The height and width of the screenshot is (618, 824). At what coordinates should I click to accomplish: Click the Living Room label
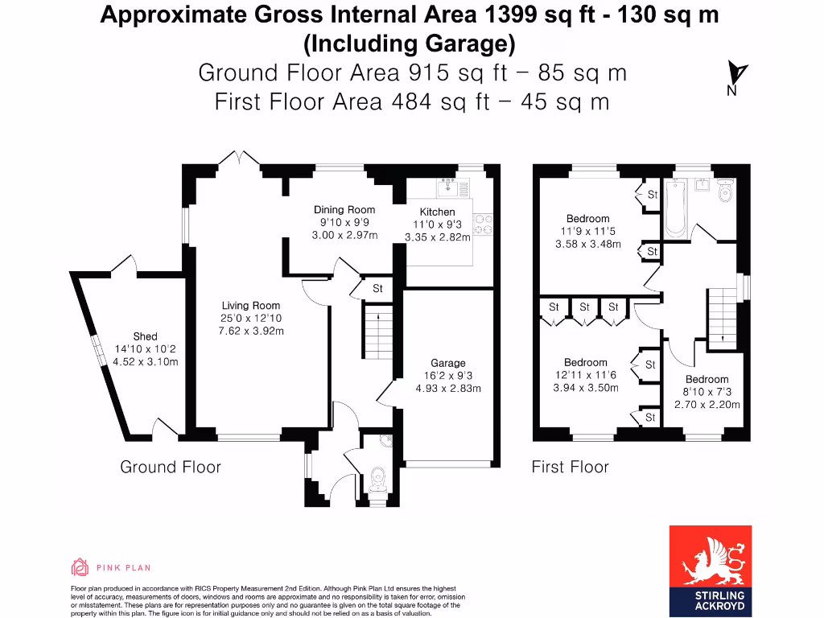(x=251, y=305)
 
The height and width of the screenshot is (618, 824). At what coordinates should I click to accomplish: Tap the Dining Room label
(x=344, y=210)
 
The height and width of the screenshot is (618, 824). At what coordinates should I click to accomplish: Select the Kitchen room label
(x=437, y=212)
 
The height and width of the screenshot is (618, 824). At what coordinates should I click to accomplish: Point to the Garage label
(x=447, y=363)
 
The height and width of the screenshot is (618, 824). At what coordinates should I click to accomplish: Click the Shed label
(x=145, y=336)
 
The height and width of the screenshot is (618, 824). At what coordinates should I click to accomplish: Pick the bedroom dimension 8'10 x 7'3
(x=707, y=392)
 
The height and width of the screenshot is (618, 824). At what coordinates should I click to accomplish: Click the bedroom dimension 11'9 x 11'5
(x=587, y=231)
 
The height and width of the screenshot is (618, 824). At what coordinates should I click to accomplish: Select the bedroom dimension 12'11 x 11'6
(x=585, y=375)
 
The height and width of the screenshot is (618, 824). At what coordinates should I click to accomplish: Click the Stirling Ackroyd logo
(x=711, y=568)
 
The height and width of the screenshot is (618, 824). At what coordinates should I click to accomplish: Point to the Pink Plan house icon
(x=80, y=567)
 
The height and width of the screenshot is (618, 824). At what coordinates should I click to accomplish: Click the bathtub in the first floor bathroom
(x=677, y=210)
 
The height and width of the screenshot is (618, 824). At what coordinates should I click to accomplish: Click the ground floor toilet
(x=377, y=480)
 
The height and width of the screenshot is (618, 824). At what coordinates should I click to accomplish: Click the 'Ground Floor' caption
(x=170, y=467)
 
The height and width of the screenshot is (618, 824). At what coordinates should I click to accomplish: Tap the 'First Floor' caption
(x=570, y=467)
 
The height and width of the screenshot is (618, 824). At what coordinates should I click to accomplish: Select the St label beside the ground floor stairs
(x=377, y=289)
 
